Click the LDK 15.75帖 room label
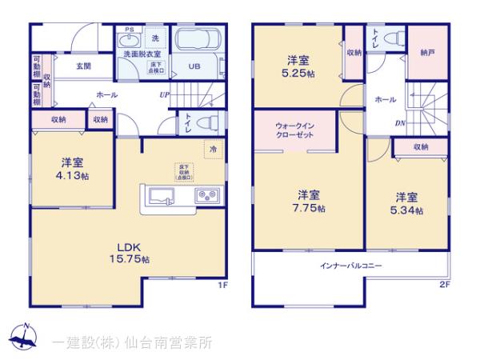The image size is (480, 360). pos(130,253)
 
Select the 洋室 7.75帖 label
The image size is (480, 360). pos(310,201)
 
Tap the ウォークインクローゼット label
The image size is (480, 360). pos(294,130)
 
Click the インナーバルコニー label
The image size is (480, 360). pos(351,264)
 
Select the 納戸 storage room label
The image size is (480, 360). pos(428,52)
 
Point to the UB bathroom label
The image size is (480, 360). pos(194,67)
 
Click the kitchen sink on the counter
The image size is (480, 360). pos(160,197)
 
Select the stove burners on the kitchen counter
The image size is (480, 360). pos(206,196)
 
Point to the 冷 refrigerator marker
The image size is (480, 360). pos(213,149)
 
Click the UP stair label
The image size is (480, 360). pos(163,95)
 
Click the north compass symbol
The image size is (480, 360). pos(25,338)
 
